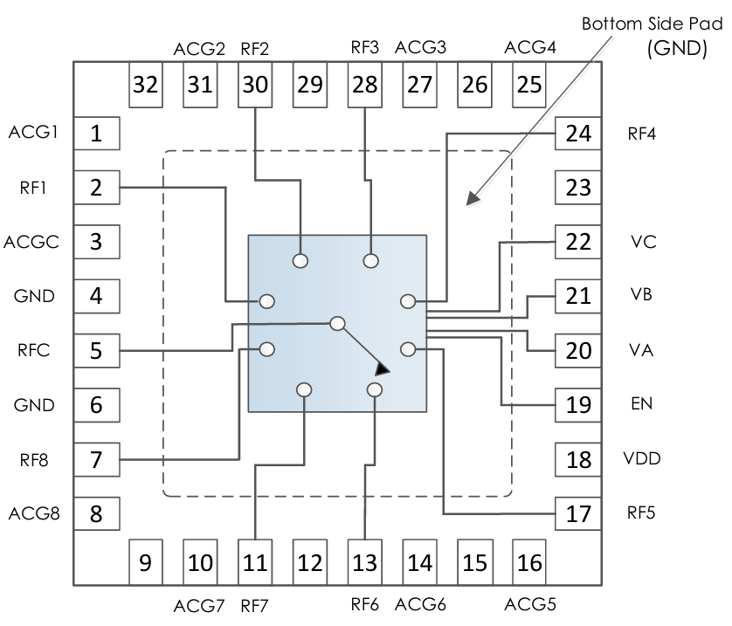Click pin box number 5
96,351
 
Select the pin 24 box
578,134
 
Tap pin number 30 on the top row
255,85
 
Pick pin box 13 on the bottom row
363,562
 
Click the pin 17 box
578,513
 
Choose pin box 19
578,405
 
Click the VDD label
642,459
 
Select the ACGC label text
31,242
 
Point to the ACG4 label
530,47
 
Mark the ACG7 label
200,605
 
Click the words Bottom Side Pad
653,24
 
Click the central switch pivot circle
338,324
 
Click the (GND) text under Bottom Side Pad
676,50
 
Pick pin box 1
96,134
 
